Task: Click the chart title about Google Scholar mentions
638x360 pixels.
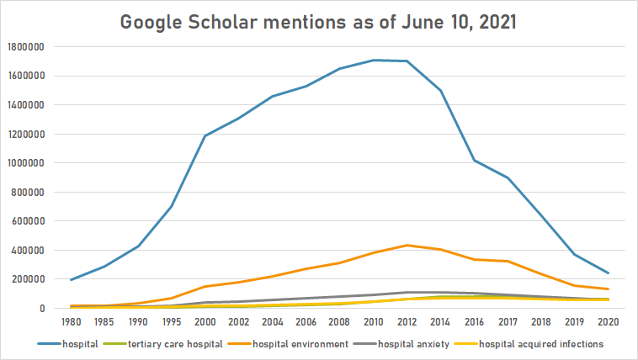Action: coord(319,22)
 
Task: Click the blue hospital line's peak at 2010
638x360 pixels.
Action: coord(374,61)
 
